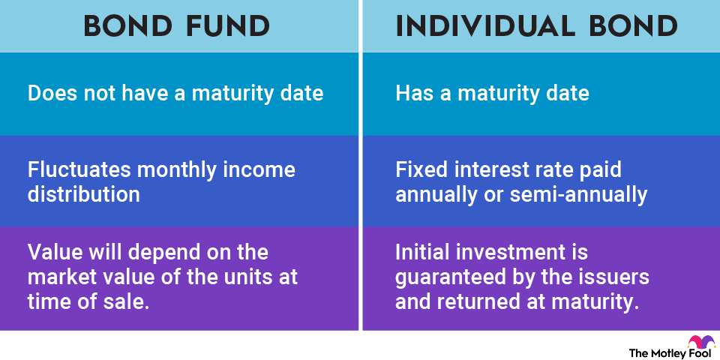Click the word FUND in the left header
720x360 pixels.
point(228,27)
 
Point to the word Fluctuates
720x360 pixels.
point(79,170)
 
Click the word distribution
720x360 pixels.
point(83,195)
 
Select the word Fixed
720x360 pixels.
point(418,170)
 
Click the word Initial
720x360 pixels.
point(423,253)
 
